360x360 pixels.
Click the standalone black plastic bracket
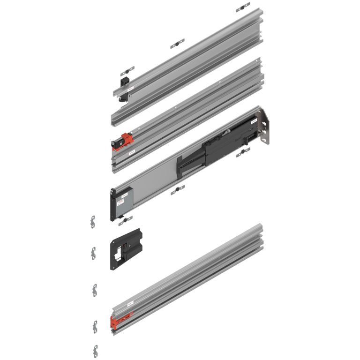tap(125, 248)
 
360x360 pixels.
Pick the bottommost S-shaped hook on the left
tap(96, 350)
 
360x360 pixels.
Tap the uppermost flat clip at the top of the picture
tap(242, 8)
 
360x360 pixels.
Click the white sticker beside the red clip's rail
tap(132, 152)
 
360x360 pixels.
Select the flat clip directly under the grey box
tap(126, 218)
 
